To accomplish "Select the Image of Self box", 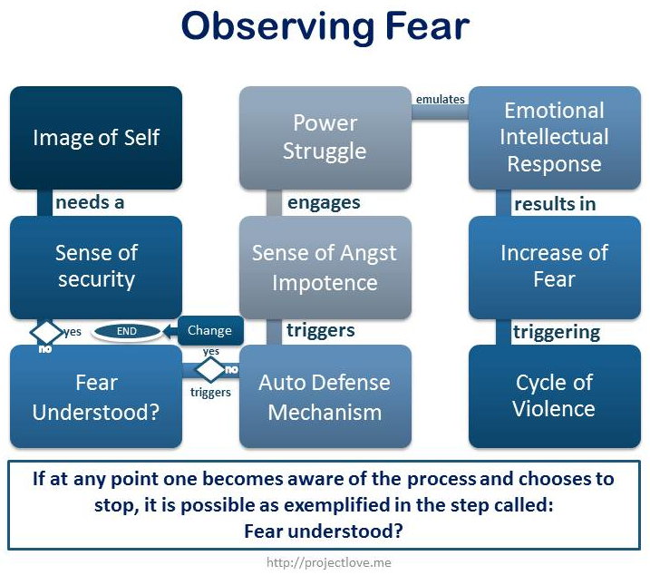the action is [96, 138].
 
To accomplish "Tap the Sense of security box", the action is [96, 268].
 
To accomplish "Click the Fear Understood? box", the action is [96, 396].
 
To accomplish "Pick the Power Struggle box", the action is [325, 138].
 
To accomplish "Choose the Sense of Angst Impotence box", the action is [325, 268].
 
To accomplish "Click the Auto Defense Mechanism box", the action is [325, 396].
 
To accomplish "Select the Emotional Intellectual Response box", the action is [555, 138].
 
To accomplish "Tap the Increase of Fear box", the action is [555, 268].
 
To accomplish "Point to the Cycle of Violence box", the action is [555, 396].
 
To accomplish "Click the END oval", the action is [126, 331].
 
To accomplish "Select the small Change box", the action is [210, 331].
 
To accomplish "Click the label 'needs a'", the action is [90, 202].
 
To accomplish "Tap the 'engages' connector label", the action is [324, 203].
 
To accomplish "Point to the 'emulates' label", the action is [441, 99].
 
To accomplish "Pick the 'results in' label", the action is [555, 204].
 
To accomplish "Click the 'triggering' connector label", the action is [557, 332].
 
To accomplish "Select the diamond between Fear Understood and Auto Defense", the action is [210, 369].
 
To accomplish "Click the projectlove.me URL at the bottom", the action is [329, 562].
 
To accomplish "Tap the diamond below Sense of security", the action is [45, 332].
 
